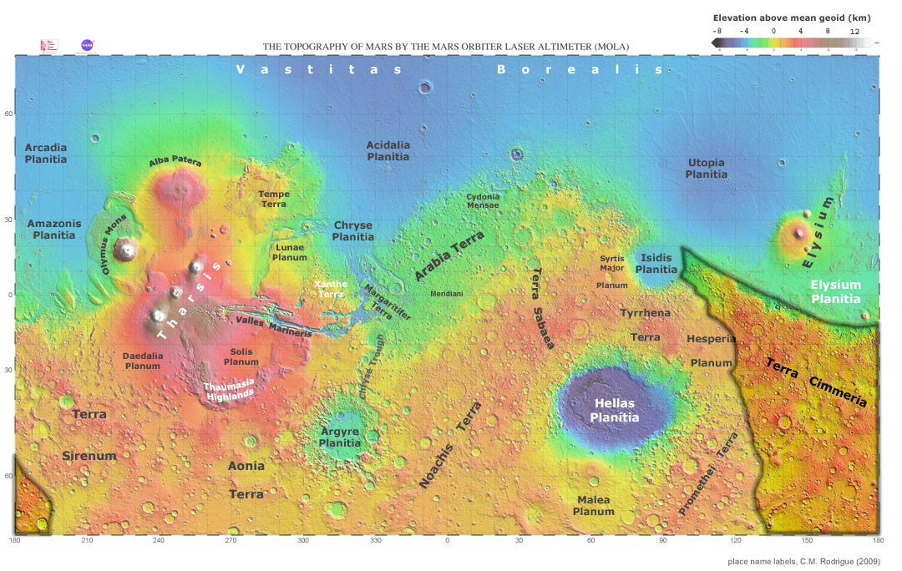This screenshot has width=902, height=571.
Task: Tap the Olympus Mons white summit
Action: click(127, 248)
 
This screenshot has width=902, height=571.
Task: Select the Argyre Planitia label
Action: click(340, 437)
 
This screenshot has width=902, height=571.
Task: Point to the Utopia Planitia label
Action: click(706, 169)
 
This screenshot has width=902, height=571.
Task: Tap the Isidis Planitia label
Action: click(656, 264)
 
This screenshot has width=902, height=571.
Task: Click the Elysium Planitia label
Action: click(835, 291)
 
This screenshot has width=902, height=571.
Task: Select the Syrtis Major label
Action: click(611, 264)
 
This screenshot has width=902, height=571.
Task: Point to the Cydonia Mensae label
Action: click(483, 201)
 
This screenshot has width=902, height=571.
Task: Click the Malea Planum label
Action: click(593, 506)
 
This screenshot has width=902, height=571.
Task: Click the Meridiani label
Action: click(446, 294)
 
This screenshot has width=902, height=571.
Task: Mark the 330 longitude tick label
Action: click(375, 541)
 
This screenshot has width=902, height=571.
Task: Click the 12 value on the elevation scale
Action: click(854, 31)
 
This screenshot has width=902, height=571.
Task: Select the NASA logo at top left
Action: click(86, 46)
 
